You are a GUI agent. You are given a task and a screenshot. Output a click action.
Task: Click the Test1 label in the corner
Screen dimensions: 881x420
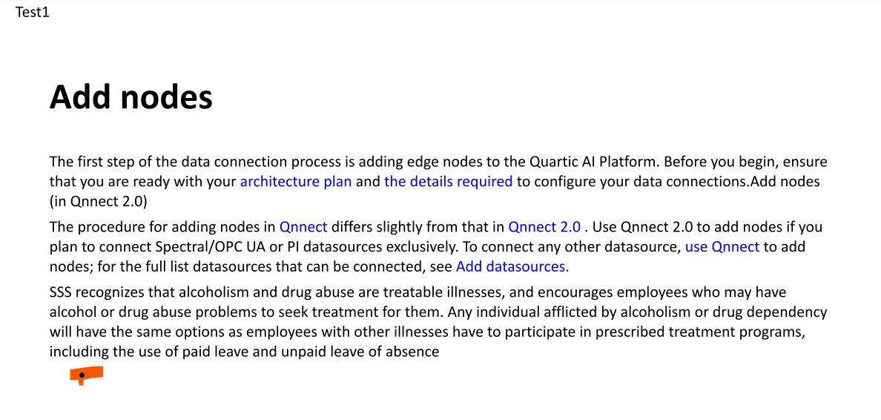(x=33, y=12)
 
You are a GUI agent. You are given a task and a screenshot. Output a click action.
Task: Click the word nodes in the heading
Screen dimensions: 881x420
(x=166, y=96)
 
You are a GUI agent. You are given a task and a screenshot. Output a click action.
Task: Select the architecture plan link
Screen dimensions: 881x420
(x=296, y=182)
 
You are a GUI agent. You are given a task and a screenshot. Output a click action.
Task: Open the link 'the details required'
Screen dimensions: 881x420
(x=449, y=182)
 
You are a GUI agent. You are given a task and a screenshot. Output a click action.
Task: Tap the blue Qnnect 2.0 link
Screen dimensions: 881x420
(x=544, y=227)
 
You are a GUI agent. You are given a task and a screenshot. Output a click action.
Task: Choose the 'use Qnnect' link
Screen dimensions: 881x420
(x=722, y=246)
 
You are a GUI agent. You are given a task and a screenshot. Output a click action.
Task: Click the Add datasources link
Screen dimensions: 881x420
(x=512, y=266)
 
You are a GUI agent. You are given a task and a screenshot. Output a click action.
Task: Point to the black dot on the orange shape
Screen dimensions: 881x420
(x=82, y=375)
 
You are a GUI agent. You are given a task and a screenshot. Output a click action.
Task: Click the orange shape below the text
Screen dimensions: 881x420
(x=87, y=375)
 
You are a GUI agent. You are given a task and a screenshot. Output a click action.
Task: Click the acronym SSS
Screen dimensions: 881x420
(x=61, y=292)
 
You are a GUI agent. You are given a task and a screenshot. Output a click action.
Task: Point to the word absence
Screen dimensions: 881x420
(x=416, y=352)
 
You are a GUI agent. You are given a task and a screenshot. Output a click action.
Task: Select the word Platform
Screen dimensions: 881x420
(x=625, y=162)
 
